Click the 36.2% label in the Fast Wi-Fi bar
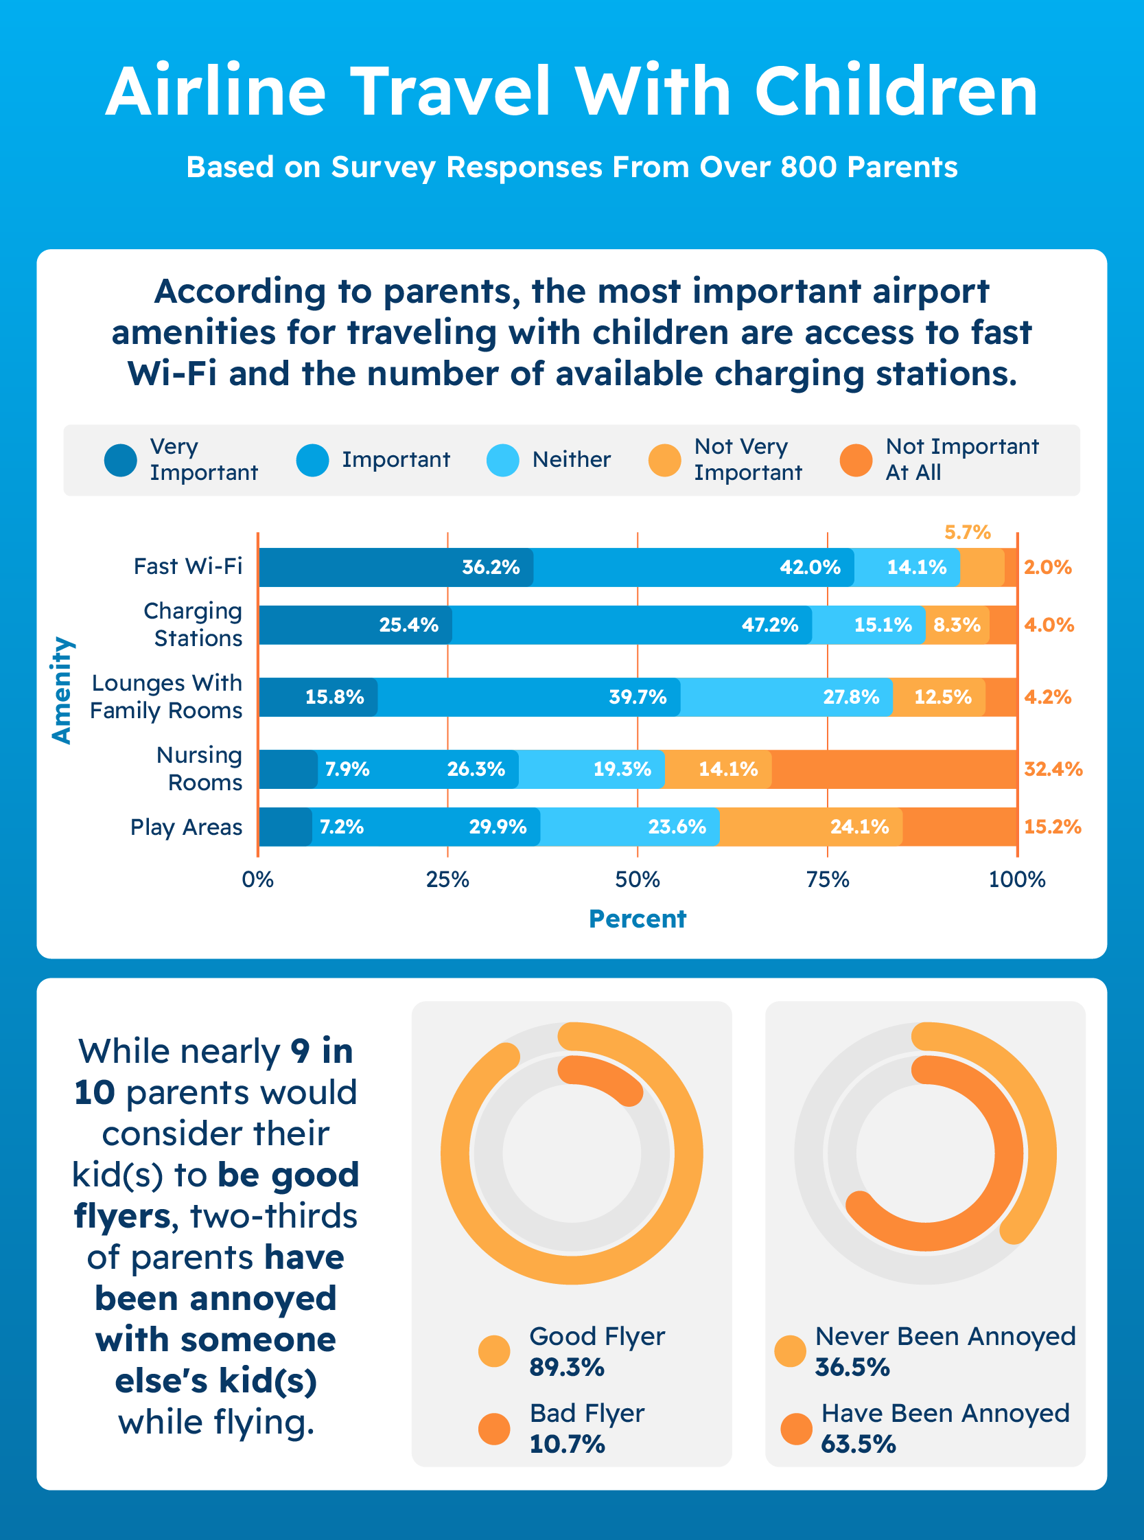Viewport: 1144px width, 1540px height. click(x=490, y=567)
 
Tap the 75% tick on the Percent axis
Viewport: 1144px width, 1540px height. click(x=828, y=880)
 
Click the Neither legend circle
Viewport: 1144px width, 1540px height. click(x=503, y=460)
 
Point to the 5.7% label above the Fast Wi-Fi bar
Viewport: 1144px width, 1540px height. click(x=968, y=532)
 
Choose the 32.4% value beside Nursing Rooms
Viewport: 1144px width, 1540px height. click(x=1053, y=769)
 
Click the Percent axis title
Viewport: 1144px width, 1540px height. click(x=637, y=919)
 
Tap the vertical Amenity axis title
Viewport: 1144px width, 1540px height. click(x=62, y=690)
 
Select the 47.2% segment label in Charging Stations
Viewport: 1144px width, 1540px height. click(x=769, y=625)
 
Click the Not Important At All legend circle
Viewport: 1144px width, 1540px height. click(x=855, y=460)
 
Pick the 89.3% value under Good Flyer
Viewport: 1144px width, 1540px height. click(x=566, y=1368)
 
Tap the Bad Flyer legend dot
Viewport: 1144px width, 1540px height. click(x=493, y=1429)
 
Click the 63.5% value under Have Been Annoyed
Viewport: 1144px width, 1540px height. click(x=858, y=1445)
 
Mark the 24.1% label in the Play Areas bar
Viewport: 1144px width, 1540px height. click(x=859, y=827)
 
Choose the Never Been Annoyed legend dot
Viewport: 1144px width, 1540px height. click(x=790, y=1352)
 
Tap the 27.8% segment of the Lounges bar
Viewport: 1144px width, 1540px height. click(x=850, y=697)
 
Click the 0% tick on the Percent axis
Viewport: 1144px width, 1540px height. click(x=257, y=880)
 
